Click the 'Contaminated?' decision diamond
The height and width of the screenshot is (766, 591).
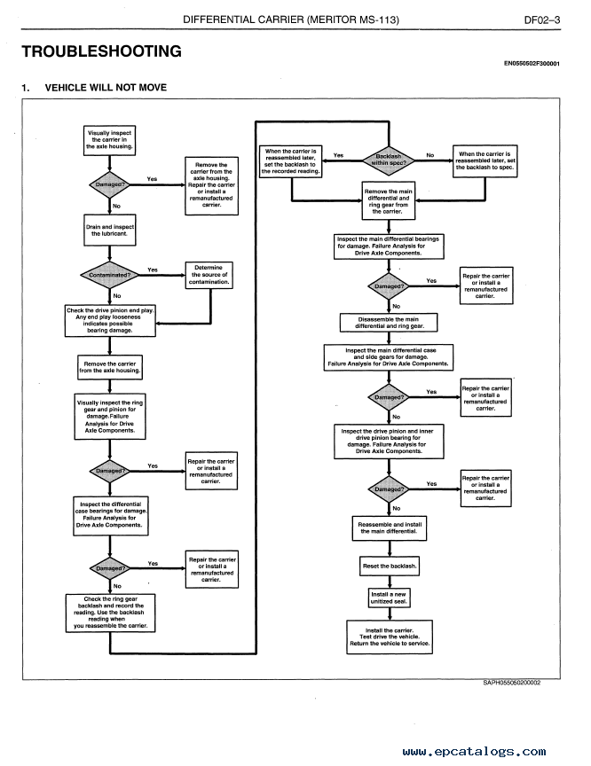(x=111, y=275)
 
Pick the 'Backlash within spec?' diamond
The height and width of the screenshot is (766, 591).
(x=388, y=159)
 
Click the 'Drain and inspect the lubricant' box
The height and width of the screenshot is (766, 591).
(x=111, y=231)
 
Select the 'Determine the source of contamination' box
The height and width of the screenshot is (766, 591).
(x=210, y=275)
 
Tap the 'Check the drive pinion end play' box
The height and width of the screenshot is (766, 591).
(x=111, y=321)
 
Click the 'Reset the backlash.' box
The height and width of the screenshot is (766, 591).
(x=389, y=566)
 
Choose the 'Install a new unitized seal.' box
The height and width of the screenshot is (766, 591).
(x=389, y=598)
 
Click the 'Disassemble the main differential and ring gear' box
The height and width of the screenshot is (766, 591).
(x=388, y=323)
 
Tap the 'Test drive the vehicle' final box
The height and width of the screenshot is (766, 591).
(x=389, y=637)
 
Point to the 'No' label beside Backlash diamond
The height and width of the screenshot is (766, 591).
(x=430, y=155)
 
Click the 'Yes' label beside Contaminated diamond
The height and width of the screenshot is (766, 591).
(x=153, y=270)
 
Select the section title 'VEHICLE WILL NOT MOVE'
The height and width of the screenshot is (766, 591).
(x=105, y=88)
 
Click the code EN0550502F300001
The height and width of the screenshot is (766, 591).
(x=537, y=64)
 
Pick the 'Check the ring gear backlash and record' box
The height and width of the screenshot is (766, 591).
(x=111, y=613)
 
